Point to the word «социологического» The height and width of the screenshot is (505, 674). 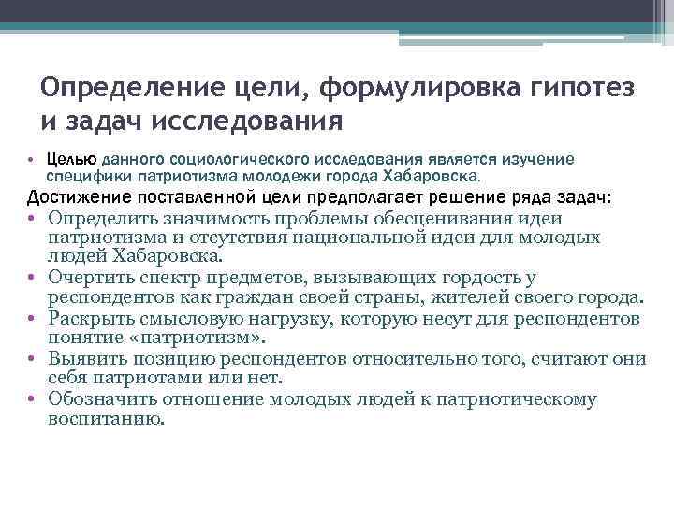(256, 159)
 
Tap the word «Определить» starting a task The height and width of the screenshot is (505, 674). (105, 218)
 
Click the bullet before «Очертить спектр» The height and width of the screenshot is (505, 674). (31, 279)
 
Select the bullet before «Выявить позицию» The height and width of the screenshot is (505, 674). (31, 359)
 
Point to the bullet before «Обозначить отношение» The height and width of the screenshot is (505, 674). (31, 399)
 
